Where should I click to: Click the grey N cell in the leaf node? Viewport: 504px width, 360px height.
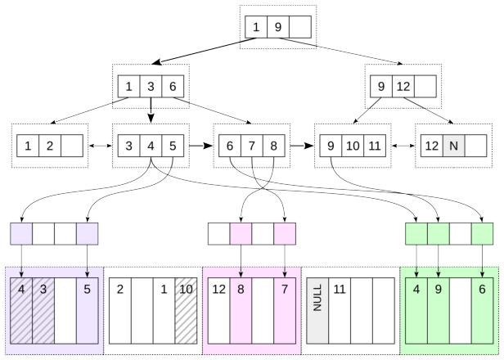click(x=453, y=146)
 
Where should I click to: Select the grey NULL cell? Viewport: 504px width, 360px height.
click(x=317, y=311)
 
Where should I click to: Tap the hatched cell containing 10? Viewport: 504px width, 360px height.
click(x=186, y=311)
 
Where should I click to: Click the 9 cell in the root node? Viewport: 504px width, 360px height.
click(x=278, y=27)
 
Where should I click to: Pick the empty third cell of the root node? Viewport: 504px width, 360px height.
click(x=300, y=27)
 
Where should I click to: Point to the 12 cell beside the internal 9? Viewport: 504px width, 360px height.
click(x=403, y=87)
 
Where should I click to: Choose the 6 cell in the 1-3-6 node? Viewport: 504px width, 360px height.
click(x=173, y=87)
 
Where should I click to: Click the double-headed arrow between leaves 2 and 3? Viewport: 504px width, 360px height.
click(x=101, y=146)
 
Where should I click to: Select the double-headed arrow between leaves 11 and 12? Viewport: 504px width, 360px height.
click(x=403, y=146)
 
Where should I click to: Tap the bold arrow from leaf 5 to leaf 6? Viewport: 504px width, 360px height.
click(x=201, y=146)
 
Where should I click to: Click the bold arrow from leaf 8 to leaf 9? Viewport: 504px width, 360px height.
click(x=302, y=146)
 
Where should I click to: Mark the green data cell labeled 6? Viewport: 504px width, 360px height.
click(x=482, y=311)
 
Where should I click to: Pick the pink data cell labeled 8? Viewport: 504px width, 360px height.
click(x=241, y=311)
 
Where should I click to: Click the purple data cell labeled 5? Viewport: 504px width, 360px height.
click(x=87, y=311)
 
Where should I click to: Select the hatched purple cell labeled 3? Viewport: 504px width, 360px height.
click(x=43, y=311)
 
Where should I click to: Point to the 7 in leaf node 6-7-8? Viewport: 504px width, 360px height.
click(x=252, y=146)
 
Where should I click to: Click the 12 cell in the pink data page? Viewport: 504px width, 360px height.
click(x=219, y=311)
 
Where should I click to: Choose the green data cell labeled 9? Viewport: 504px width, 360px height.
click(x=439, y=311)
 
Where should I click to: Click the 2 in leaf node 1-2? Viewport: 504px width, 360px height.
click(x=50, y=146)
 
